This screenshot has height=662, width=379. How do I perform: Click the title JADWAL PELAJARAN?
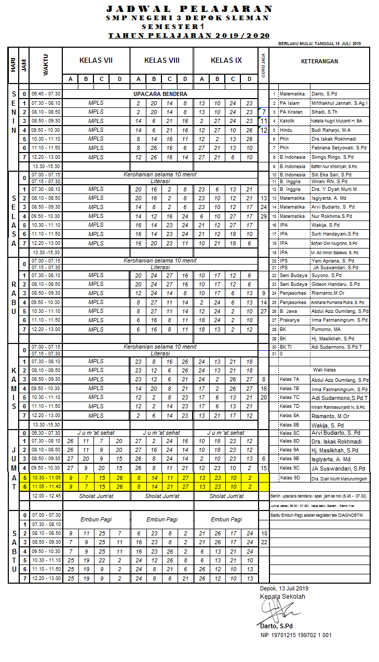click(x=189, y=9)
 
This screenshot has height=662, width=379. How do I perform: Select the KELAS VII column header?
click(x=96, y=60)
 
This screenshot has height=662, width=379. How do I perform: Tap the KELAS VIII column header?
click(x=161, y=60)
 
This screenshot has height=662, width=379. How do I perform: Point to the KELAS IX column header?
click(x=226, y=60)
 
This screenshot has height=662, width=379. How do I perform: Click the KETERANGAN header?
click(x=319, y=61)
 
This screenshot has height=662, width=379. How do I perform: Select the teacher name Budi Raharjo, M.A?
click(x=331, y=130)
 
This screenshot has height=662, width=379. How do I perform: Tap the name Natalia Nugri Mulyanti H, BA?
click(x=336, y=121)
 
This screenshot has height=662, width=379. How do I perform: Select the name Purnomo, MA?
click(x=326, y=329)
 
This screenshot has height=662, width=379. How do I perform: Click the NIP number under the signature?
click(x=296, y=635)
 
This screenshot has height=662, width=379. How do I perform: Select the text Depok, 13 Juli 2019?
click(x=284, y=588)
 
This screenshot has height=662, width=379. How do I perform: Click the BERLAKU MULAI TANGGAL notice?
click(x=319, y=44)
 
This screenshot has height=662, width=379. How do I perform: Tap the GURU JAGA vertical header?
click(x=264, y=65)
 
